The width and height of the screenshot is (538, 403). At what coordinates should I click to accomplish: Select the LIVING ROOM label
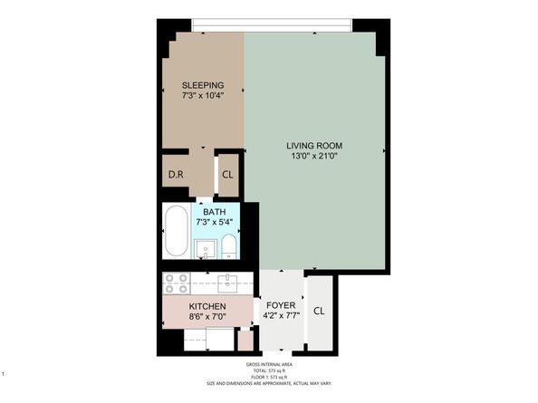pyautogui.click(x=314, y=145)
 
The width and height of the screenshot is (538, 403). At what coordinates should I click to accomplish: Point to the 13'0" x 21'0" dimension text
pyautogui.click(x=314, y=157)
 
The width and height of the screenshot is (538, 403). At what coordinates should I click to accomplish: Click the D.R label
pyautogui.click(x=177, y=175)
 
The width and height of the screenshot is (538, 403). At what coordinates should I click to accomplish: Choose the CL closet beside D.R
pyautogui.click(x=227, y=175)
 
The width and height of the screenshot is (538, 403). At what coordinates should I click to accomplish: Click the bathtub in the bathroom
pyautogui.click(x=176, y=233)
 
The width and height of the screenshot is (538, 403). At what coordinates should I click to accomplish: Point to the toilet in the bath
pyautogui.click(x=229, y=247)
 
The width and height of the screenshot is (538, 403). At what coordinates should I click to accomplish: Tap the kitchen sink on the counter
pyautogui.click(x=227, y=282)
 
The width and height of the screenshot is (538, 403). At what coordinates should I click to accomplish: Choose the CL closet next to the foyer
pyautogui.click(x=319, y=311)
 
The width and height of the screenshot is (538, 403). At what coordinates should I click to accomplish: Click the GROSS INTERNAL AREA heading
pyautogui.click(x=268, y=365)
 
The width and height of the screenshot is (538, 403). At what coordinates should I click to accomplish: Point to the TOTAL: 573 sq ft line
pyautogui.click(x=268, y=371)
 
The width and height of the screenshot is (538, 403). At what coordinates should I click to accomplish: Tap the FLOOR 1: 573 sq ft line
pyautogui.click(x=268, y=378)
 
